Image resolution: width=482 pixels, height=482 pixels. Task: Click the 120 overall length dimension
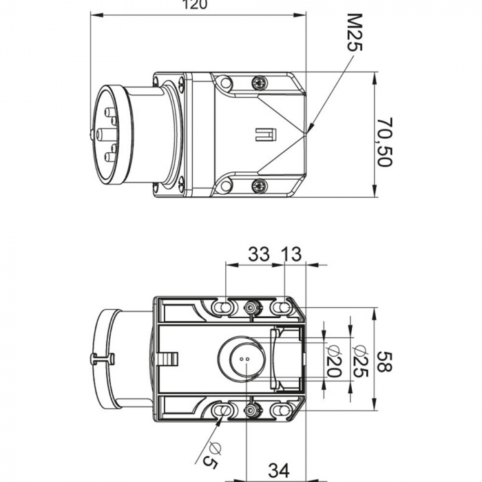pos(196,5)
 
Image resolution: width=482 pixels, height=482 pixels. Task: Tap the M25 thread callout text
pos(353,32)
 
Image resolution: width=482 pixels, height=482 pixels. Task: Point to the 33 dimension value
pos(259,254)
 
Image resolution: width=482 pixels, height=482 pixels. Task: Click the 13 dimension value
pos(291,254)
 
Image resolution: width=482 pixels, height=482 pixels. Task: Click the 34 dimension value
pos(278,471)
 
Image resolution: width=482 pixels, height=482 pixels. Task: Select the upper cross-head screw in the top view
pos(259,83)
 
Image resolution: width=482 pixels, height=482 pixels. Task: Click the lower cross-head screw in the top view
pos(259,185)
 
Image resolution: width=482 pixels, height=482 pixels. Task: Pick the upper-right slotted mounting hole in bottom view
pos(280,306)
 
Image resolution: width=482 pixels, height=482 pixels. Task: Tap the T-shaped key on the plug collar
pos(101,359)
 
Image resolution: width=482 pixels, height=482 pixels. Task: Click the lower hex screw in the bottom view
pos(251,411)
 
